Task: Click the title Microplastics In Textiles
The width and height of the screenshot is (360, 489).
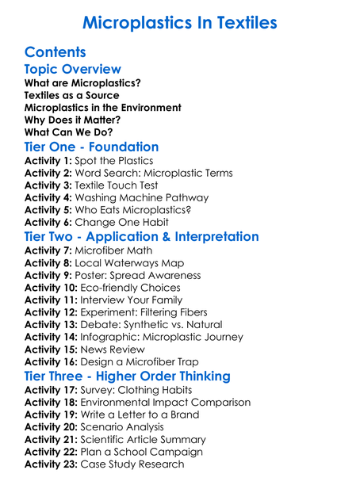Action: [180, 22]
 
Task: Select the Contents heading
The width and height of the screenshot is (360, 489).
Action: [55, 52]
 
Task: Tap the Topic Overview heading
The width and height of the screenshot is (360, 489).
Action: [73, 69]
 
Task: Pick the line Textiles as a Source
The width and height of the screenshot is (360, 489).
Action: [72, 95]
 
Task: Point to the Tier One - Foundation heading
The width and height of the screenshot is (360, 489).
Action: [92, 147]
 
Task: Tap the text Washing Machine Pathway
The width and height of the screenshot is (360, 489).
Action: [142, 197]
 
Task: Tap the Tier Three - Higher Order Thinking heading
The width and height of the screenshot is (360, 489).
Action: [128, 376]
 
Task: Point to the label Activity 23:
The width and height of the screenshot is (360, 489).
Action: [51, 464]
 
